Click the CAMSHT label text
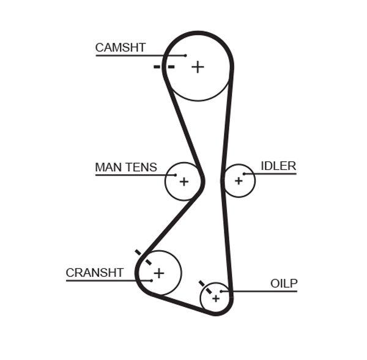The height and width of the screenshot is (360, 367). pyautogui.click(x=120, y=48)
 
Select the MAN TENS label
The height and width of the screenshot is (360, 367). pyautogui.click(x=126, y=167)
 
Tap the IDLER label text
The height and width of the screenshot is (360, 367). pyautogui.click(x=278, y=166)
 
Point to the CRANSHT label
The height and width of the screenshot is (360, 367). pyautogui.click(x=95, y=273)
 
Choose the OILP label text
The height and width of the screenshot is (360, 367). pyautogui.click(x=284, y=283)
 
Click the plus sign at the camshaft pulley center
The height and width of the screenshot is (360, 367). pyautogui.click(x=197, y=67)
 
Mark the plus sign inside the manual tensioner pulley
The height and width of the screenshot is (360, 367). pyautogui.click(x=183, y=181)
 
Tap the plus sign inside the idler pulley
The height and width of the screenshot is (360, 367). pyautogui.click(x=239, y=180)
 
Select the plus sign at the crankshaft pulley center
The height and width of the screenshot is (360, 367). pyautogui.click(x=159, y=273)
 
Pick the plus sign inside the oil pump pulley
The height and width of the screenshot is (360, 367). pyautogui.click(x=215, y=298)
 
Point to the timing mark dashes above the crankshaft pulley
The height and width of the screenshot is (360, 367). pyautogui.click(x=143, y=256)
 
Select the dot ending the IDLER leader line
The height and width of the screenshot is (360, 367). pyautogui.click(x=243, y=174)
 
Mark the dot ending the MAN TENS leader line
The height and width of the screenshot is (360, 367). pyautogui.click(x=176, y=175)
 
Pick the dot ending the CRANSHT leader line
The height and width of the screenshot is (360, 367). pyautogui.click(x=150, y=281)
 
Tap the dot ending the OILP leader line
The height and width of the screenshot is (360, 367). pyautogui.click(x=221, y=291)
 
